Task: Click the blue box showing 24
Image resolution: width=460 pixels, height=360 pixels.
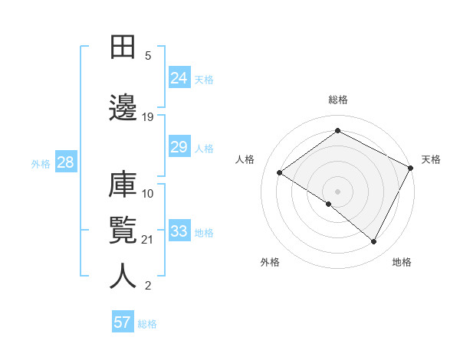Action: tap(179, 77)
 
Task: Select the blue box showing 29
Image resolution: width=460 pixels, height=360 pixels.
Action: tap(179, 147)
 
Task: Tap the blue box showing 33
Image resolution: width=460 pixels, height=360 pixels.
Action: tap(179, 231)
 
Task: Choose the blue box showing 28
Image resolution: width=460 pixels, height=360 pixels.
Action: tap(65, 162)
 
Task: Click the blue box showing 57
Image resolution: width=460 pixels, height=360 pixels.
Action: tap(123, 322)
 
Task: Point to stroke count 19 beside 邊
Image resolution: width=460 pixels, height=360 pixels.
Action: tap(148, 117)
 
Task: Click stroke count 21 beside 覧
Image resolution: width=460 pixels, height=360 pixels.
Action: tap(148, 240)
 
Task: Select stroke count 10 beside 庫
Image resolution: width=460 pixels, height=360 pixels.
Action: tap(148, 193)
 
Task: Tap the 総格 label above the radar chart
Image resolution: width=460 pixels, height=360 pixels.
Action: tap(338, 100)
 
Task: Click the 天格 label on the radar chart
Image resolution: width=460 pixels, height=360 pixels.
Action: tap(431, 159)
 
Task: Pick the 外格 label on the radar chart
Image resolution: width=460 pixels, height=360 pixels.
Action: tap(270, 262)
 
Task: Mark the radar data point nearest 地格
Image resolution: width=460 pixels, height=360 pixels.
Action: tap(374, 242)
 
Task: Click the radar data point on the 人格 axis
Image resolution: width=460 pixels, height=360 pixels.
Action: tap(280, 173)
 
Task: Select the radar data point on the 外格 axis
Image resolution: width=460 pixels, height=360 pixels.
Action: tap(329, 205)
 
